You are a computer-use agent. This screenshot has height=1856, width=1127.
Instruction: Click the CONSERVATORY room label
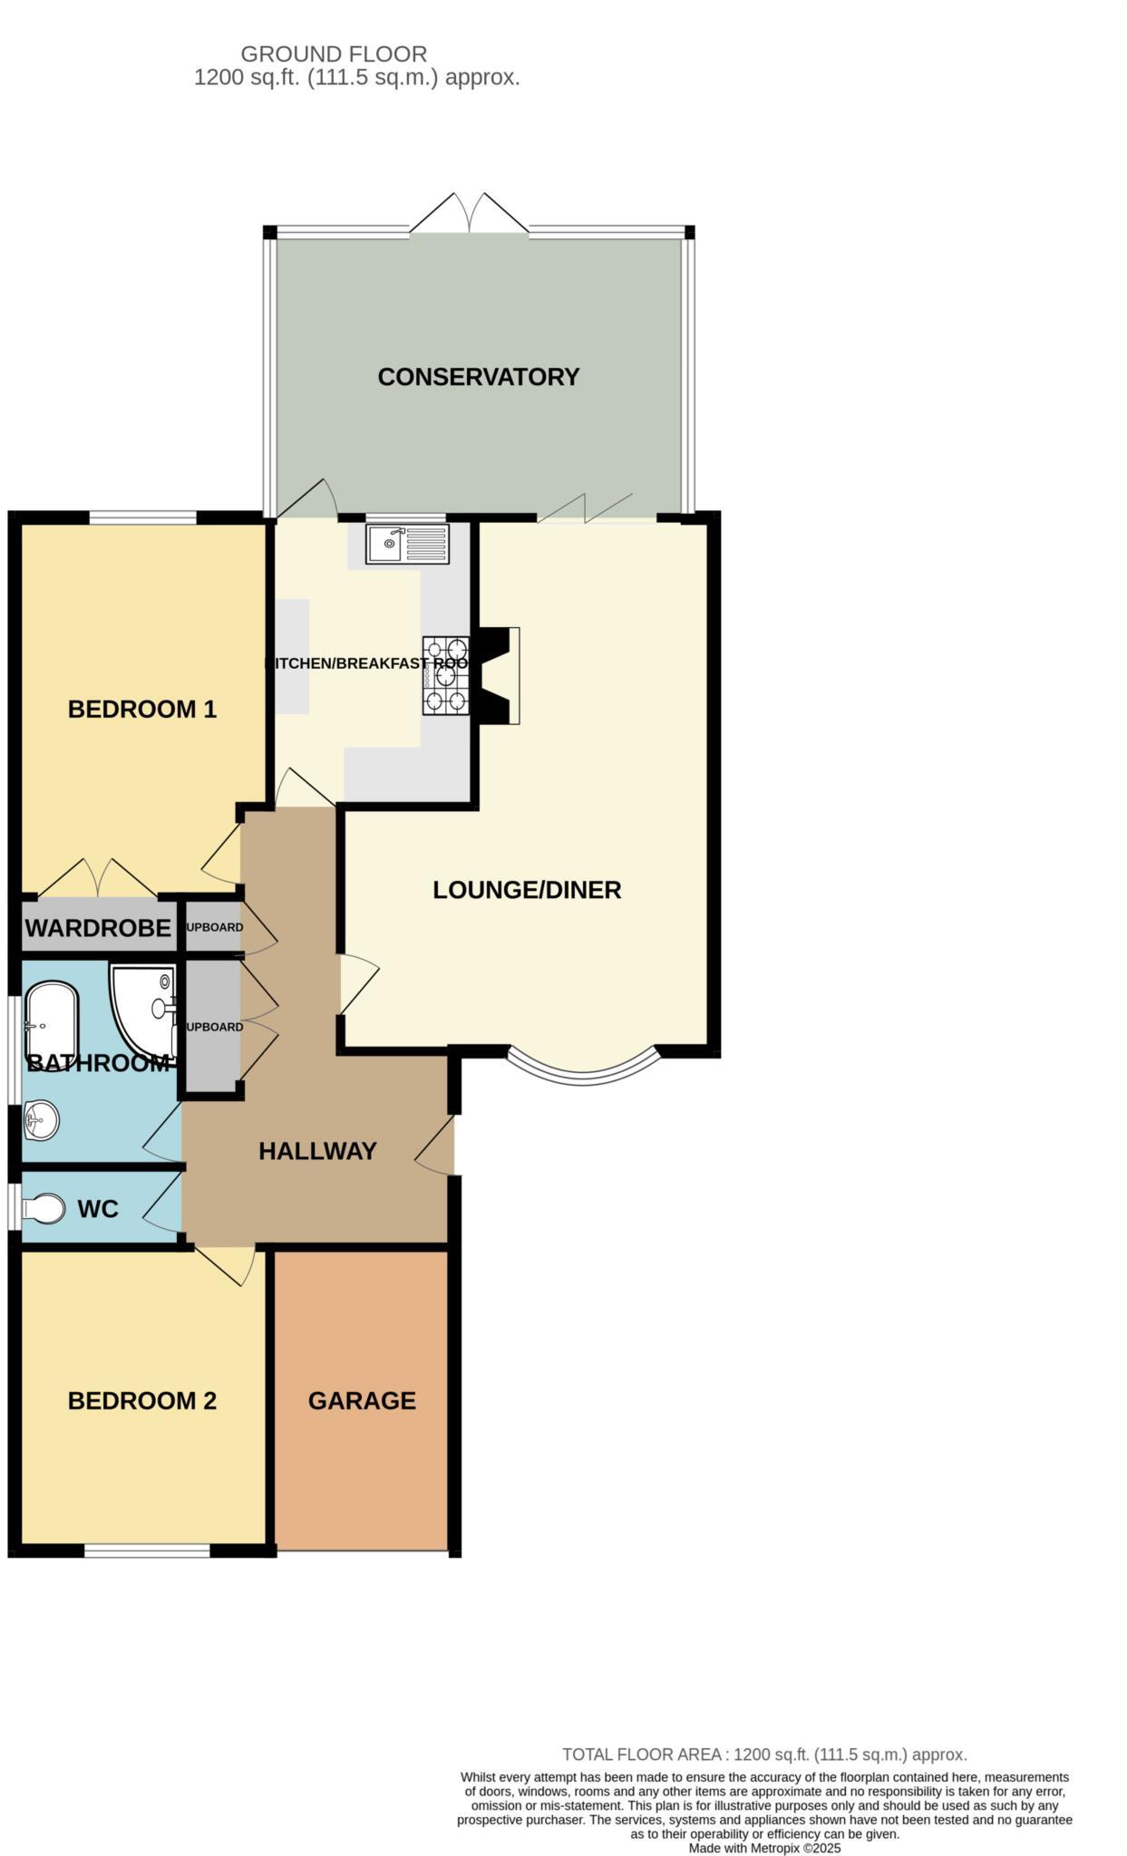pos(478,377)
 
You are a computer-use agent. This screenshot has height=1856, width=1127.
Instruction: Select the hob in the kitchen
pos(446,675)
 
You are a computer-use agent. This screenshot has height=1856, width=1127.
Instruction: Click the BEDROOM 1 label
pos(142,709)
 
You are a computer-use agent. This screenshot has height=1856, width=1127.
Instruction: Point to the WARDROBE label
pos(98,928)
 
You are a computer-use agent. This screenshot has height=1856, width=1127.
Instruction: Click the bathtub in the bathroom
pos(52,1024)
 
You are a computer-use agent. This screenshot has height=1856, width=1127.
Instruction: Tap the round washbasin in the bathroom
pos(40,1120)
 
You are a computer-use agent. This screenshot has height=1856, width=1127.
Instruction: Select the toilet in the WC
pos(44,1208)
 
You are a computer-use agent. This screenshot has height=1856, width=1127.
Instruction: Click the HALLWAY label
pos(317,1151)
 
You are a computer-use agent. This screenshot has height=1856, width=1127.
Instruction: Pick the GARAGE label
pos(362,1400)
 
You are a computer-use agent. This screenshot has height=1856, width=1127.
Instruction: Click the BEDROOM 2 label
pos(142,1400)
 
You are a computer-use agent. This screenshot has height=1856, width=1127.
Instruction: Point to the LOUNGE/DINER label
pos(527,890)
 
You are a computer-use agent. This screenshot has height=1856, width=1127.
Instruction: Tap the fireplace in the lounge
pos(500,675)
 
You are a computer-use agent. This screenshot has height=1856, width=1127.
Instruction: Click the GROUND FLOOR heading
pos(334,54)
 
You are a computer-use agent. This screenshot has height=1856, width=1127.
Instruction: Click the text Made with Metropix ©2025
pos(764,1848)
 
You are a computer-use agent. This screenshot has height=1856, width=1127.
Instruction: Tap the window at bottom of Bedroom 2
pos(148,1551)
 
